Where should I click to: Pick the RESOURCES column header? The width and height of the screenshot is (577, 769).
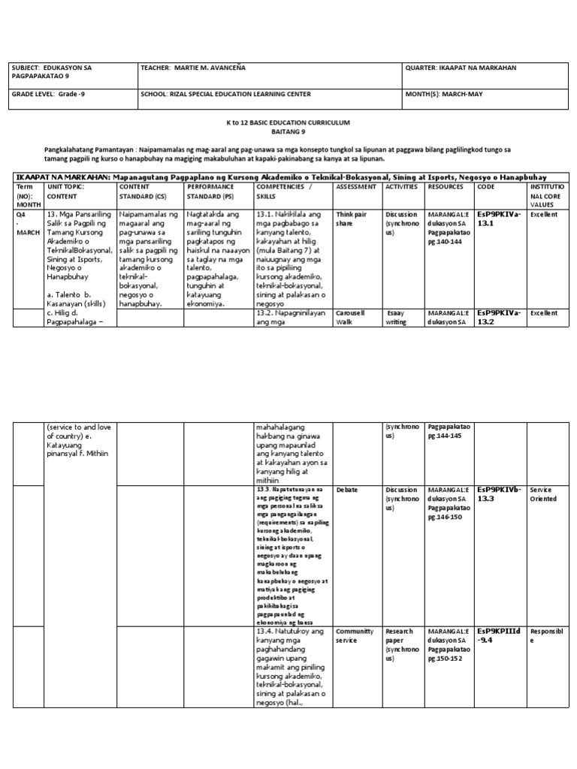[x=446, y=185]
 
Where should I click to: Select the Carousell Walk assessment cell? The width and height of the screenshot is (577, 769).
[x=352, y=317]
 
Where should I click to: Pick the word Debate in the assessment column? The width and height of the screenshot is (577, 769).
[x=347, y=490]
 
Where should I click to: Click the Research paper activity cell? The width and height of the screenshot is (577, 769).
[x=399, y=636]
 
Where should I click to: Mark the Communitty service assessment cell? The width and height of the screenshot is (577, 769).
[x=355, y=636]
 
